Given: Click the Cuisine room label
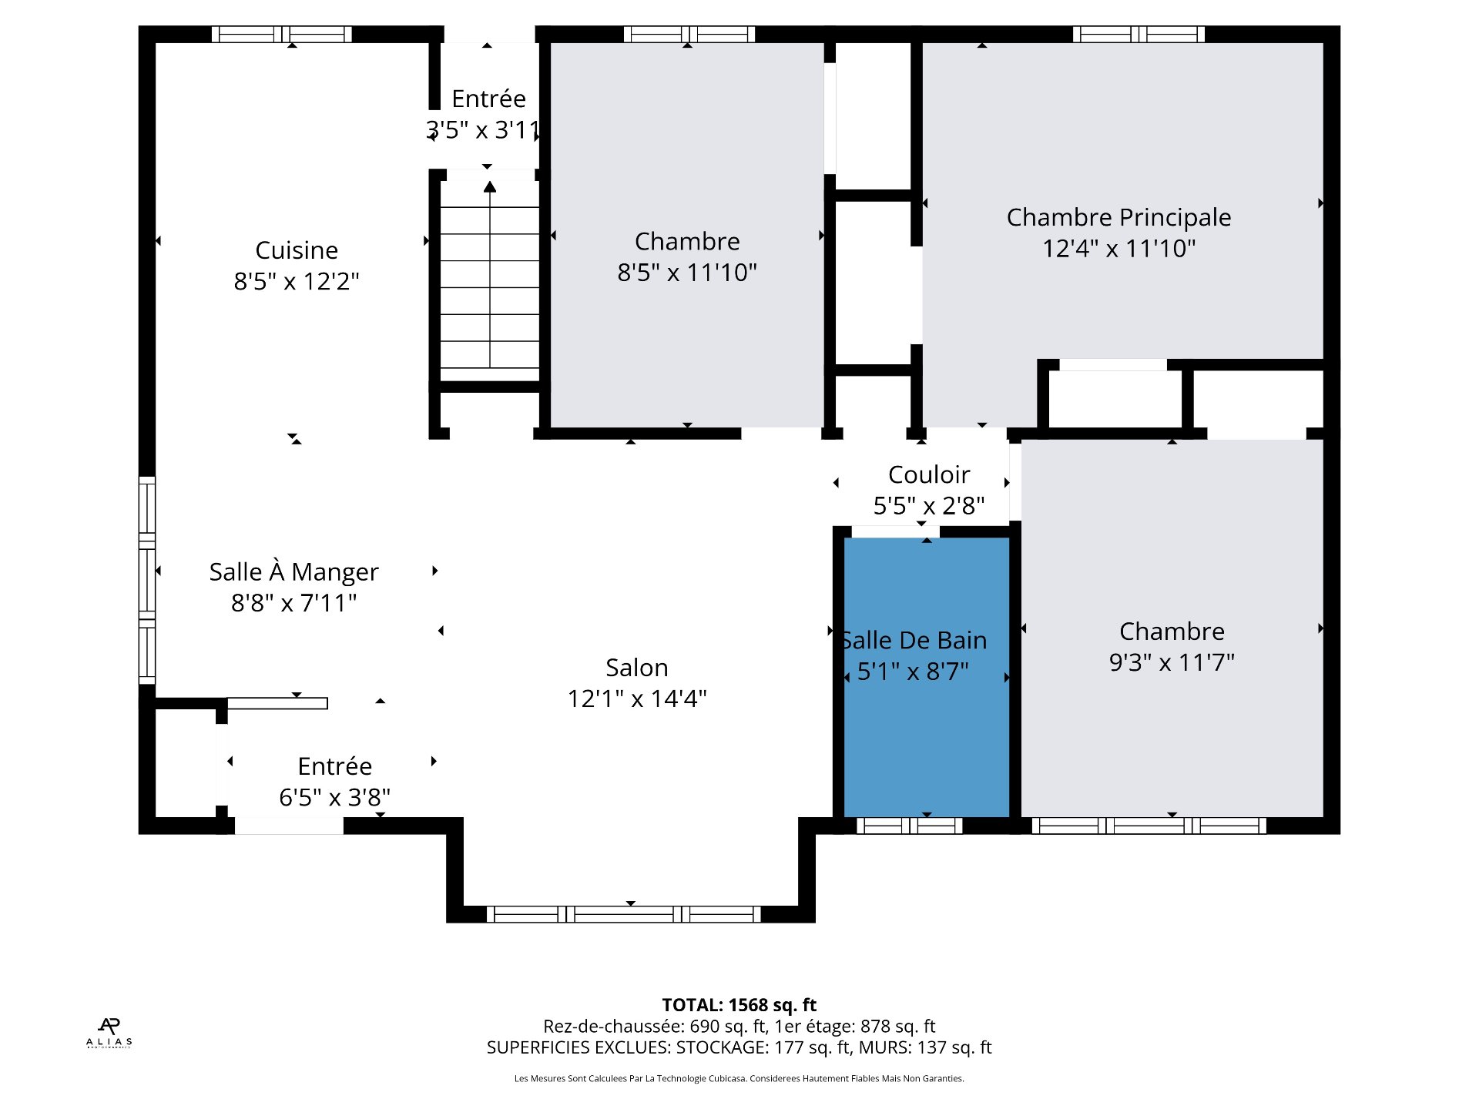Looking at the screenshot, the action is tap(297, 251).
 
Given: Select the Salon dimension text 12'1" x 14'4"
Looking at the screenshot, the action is tap(637, 699).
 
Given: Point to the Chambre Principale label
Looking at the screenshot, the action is tap(1118, 218).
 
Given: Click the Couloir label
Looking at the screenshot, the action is tap(929, 474).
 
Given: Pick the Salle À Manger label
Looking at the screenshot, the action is tap(293, 571).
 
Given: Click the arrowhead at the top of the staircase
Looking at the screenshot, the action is tap(490, 186).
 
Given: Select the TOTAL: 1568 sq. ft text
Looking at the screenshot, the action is tap(739, 1005).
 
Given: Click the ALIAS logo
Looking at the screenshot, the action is tap(109, 1033).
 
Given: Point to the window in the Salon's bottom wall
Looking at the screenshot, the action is tap(624, 914).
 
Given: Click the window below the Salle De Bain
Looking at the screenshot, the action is tap(910, 826).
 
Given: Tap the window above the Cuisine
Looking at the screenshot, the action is tap(282, 34).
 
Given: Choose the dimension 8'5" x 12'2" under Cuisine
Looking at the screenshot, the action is tap(297, 282).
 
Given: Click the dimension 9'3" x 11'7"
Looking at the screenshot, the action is tap(1172, 662).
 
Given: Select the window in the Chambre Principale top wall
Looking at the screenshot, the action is tap(1139, 34).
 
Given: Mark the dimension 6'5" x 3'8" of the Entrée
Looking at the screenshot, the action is tap(334, 797).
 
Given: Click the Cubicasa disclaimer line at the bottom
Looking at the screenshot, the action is tap(739, 1078).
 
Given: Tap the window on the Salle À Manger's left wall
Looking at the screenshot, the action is tap(147, 581).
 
